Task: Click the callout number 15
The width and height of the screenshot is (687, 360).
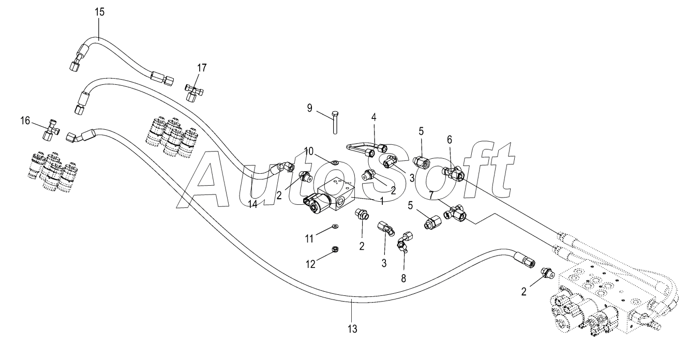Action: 99,12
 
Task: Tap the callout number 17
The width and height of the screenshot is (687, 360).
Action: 202,68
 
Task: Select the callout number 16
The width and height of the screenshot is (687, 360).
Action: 25,121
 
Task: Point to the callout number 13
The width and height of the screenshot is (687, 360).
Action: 352,329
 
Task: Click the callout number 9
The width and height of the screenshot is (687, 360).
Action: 309,108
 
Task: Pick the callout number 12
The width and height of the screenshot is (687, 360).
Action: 311,264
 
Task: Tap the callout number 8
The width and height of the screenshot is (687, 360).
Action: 404,278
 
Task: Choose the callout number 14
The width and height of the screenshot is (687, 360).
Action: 252,204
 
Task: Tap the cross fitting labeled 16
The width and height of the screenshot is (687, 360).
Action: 51,131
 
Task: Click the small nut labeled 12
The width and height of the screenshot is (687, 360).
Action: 335,249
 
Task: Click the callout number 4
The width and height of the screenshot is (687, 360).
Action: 374,117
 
